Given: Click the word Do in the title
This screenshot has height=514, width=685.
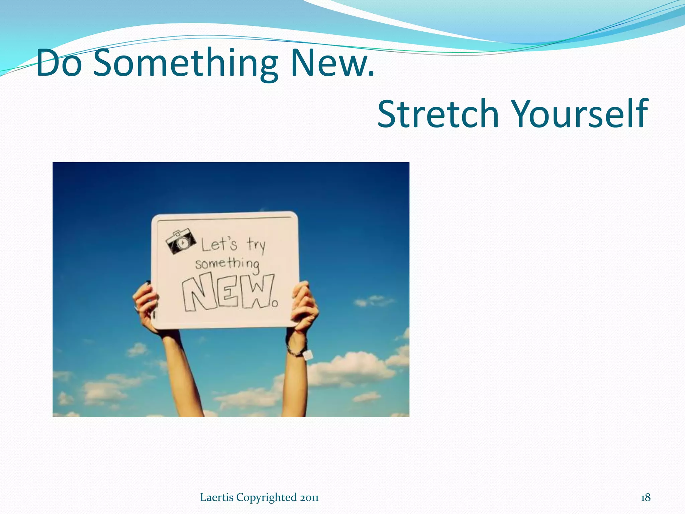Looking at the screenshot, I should coord(59,63).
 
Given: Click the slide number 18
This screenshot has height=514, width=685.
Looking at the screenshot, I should coord(646,497).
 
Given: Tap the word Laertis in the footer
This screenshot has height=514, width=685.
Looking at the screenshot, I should coord(217,497).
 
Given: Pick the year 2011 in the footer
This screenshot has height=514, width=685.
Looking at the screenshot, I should coord(309,498).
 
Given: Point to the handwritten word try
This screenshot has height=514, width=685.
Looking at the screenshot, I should coord(256,245).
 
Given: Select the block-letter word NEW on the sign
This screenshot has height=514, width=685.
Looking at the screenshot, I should coord(228,291).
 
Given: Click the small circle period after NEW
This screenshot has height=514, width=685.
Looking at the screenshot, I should coord(275,304).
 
